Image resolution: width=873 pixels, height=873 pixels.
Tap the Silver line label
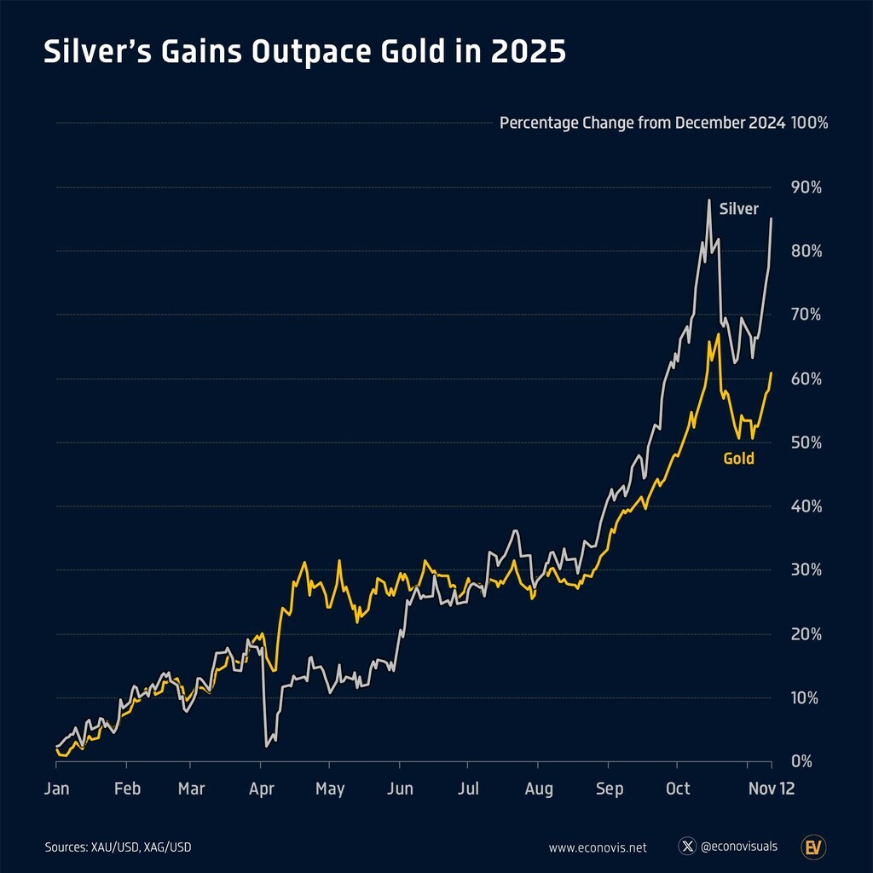[x=738, y=209]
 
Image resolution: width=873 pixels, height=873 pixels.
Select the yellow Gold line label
[x=738, y=459]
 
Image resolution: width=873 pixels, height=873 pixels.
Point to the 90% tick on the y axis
[x=806, y=188]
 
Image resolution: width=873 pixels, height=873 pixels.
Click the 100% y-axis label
[x=810, y=123]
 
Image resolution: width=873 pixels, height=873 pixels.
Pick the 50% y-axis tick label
[x=806, y=442]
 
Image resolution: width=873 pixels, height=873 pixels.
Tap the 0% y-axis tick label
[x=802, y=761]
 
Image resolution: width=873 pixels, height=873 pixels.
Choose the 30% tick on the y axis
[x=806, y=570]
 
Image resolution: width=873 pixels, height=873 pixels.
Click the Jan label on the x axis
[x=56, y=789]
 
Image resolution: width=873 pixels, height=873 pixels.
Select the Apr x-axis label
[x=262, y=789]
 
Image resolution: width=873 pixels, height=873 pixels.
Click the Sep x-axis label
[x=609, y=789]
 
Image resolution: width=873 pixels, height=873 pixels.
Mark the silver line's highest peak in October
[x=708, y=200]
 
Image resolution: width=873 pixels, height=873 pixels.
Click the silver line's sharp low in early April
[x=267, y=746]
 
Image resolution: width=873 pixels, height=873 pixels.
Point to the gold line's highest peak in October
[x=719, y=335]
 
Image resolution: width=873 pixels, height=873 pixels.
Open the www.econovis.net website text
[x=598, y=847]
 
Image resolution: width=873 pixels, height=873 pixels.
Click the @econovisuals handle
[x=738, y=847]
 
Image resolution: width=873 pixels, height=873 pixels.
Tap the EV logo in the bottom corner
[x=812, y=847]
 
